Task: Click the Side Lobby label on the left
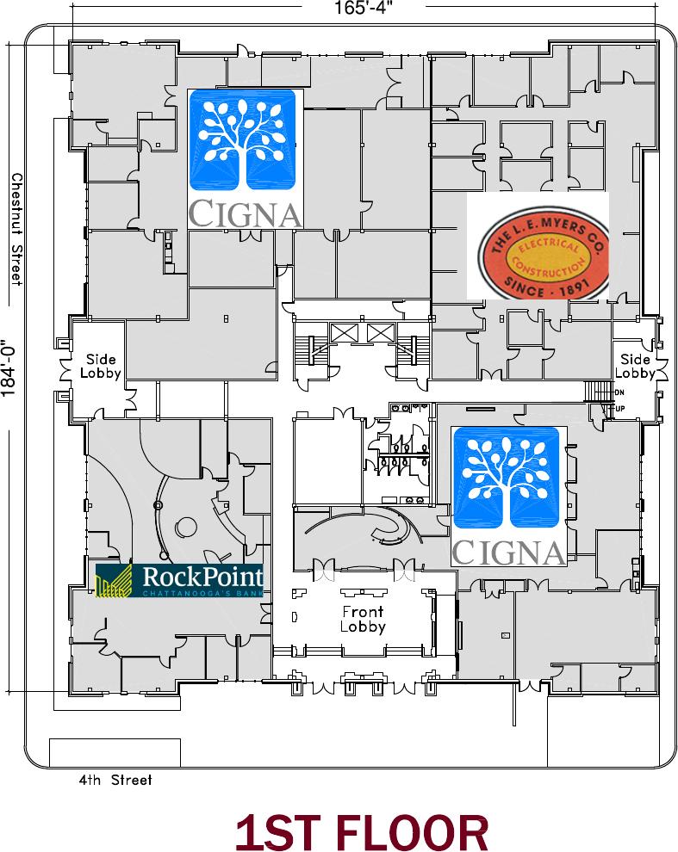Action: [x=100, y=366]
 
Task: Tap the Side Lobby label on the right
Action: [x=636, y=366]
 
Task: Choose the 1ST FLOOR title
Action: [x=362, y=833]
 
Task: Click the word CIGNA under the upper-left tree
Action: [x=246, y=212]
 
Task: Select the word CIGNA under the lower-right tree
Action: [x=508, y=551]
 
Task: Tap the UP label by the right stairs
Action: [x=620, y=408]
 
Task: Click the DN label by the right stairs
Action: [x=619, y=392]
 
